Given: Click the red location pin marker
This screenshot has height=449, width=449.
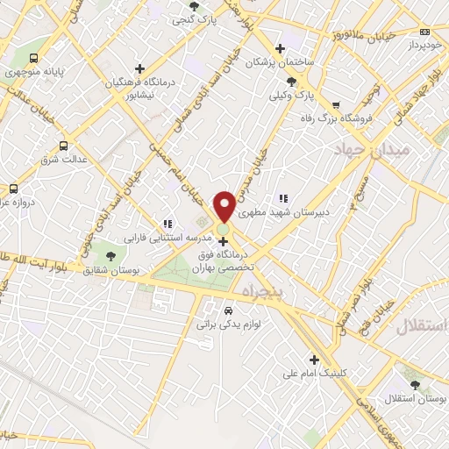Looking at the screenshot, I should pyautogui.click(x=224, y=204).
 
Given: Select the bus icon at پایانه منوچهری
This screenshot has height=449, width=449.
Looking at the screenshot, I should pyautogui.click(x=33, y=60).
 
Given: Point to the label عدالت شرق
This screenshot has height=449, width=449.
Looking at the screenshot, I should pyautogui.click(x=60, y=160).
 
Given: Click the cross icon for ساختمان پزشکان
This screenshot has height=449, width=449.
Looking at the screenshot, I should pyautogui.click(x=280, y=48).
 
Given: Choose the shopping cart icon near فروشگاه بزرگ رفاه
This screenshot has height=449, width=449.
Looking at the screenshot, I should pyautogui.click(x=336, y=104).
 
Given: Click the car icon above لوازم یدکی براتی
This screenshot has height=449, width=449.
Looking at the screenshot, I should pyautogui.click(x=228, y=310).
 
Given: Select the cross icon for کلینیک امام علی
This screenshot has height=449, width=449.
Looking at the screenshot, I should pyautogui.click(x=314, y=359).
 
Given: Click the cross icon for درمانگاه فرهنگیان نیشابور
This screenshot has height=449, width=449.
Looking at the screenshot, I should pyautogui.click(x=139, y=68).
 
